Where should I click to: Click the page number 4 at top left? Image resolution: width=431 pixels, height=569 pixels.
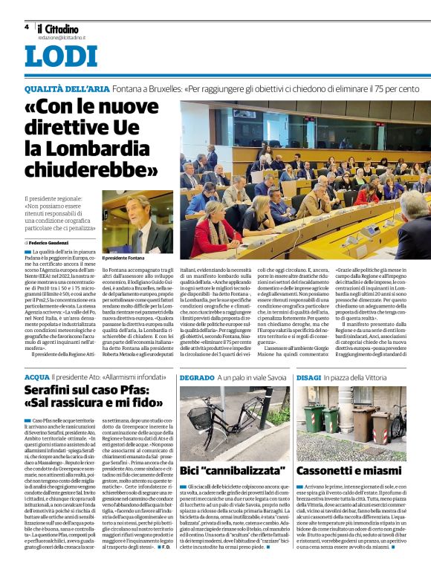click(26, 27)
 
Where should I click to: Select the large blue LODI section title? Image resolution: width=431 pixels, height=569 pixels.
click(60, 56)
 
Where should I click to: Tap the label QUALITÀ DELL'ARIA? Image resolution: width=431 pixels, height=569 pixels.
click(66, 89)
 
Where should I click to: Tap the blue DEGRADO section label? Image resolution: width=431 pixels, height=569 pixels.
click(198, 378)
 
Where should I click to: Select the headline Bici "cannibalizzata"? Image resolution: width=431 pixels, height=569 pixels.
click(223, 470)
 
